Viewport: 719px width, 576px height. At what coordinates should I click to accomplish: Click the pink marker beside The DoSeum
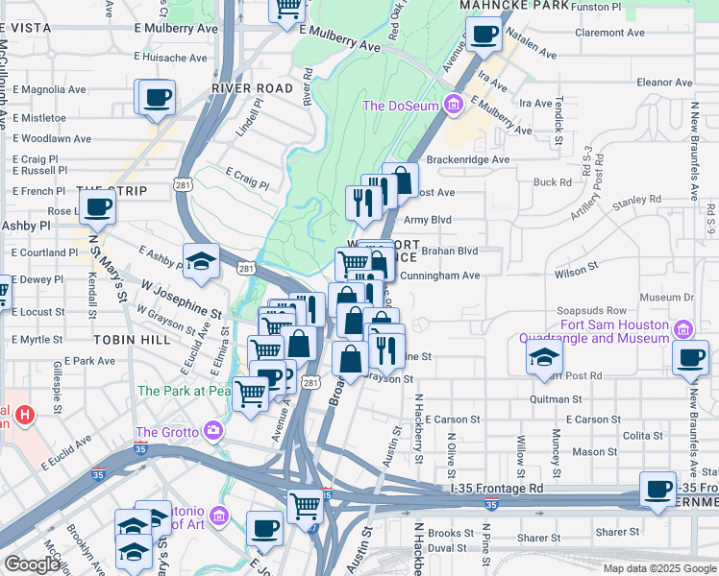(x=454, y=105)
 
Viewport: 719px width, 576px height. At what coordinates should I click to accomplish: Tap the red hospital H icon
(x=26, y=416)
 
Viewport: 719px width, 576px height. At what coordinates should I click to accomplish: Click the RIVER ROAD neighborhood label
(x=252, y=87)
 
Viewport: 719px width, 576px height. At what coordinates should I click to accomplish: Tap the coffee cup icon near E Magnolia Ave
(x=156, y=98)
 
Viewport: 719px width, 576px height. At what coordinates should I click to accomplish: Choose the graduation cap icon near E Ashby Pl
(x=202, y=262)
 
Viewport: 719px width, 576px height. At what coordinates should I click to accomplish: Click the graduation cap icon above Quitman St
(x=544, y=358)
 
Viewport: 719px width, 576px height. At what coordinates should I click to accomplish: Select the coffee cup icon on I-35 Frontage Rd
(x=657, y=489)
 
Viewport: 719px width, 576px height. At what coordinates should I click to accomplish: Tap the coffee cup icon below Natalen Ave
(x=483, y=36)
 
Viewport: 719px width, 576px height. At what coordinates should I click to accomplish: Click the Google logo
(x=32, y=564)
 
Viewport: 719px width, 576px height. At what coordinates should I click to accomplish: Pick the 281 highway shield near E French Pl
(x=185, y=183)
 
